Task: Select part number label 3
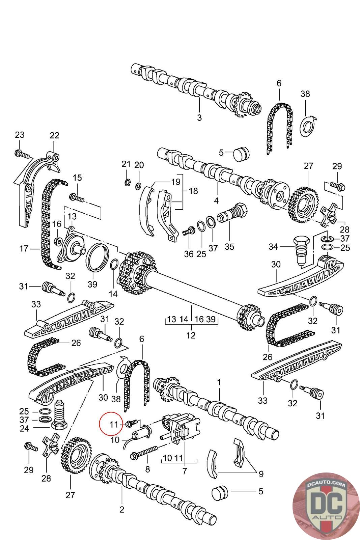(199, 118)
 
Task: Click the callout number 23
(20, 135)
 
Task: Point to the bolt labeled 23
(22, 155)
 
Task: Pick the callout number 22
(54, 135)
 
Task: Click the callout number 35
(229, 247)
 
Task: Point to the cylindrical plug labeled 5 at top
(240, 154)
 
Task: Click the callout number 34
(273, 247)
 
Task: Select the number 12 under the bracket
(191, 335)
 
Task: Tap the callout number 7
(184, 471)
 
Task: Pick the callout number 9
(261, 474)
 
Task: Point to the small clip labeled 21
(127, 183)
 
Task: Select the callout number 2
(121, 509)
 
